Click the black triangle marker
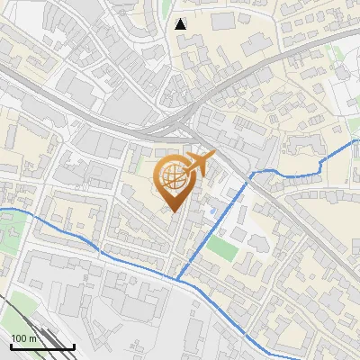(181, 24)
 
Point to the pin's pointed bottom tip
(174, 212)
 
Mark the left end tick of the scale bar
(11, 346)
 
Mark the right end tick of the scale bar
(74, 346)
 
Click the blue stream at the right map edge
(355, 141)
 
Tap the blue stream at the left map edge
(4, 210)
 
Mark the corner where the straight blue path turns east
(250, 173)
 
